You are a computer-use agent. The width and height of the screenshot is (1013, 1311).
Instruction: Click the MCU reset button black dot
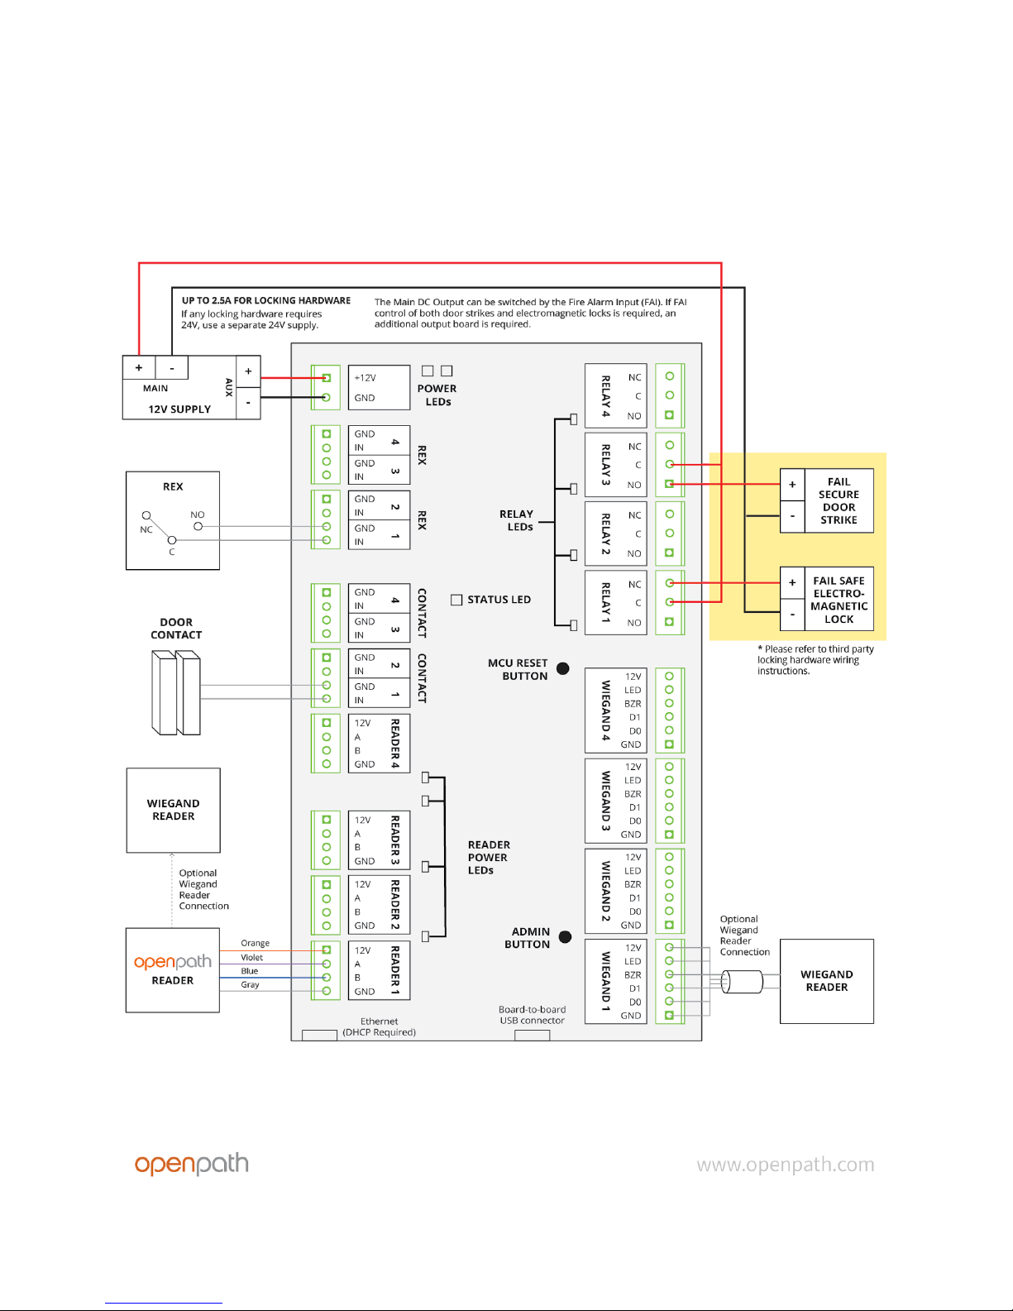[563, 668]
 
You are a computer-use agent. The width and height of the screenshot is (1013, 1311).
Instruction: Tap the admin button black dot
[566, 937]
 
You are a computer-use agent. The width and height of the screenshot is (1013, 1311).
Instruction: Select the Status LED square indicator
[456, 600]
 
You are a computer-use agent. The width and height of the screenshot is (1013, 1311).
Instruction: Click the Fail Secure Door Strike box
[827, 500]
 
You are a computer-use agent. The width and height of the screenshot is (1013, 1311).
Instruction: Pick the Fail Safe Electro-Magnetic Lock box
[827, 600]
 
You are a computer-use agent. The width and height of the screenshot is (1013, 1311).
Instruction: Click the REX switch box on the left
[173, 520]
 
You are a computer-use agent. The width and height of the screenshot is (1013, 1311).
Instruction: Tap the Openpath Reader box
[173, 970]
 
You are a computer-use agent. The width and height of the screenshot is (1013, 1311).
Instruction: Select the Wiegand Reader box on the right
[827, 981]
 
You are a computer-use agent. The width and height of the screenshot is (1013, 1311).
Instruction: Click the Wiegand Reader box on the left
[173, 810]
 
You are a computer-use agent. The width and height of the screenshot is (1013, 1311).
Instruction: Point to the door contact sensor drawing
[176, 692]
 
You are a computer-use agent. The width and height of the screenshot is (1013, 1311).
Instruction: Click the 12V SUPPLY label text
[179, 409]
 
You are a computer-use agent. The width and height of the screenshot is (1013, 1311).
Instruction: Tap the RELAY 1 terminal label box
[615, 602]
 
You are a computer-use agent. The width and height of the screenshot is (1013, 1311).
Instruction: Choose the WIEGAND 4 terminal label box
[615, 710]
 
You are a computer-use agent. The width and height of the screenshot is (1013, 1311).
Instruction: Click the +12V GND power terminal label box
[379, 387]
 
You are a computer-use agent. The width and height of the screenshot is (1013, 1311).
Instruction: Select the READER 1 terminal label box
[379, 970]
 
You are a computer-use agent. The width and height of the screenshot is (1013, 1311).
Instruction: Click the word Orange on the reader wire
[255, 943]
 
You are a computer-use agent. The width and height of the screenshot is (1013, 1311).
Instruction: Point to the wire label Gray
[250, 984]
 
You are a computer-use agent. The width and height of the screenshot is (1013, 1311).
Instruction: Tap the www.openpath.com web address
[785, 1165]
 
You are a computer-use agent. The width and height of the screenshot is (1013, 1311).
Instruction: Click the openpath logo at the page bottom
[192, 1164]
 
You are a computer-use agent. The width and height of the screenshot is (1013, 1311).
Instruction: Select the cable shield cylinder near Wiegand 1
[742, 982]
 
